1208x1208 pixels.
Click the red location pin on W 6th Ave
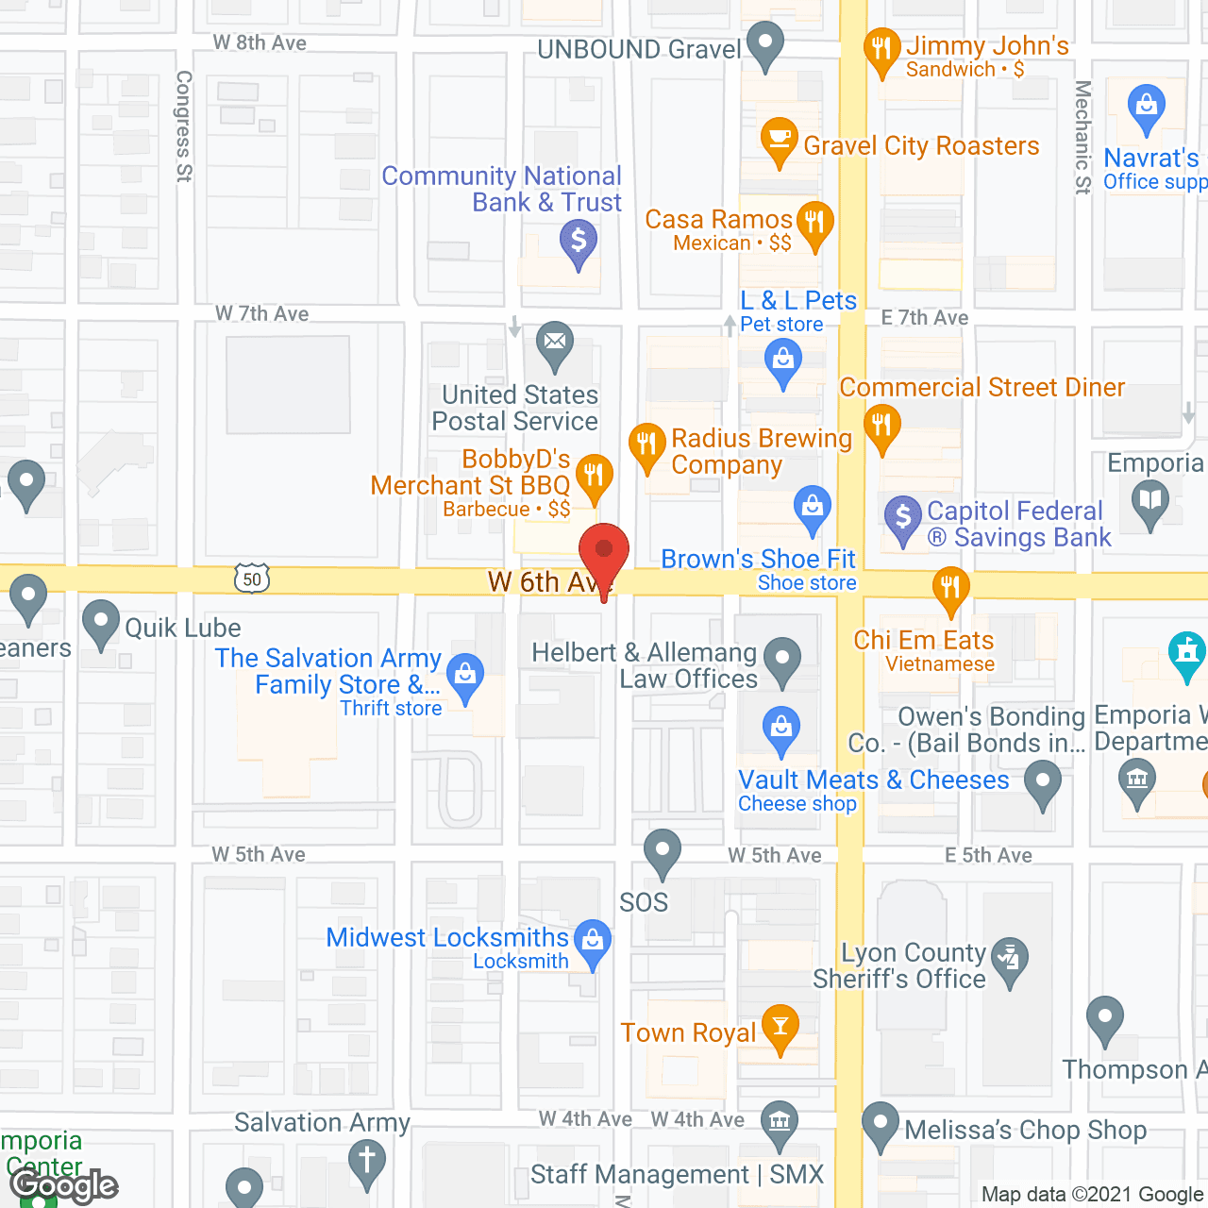coord(603,550)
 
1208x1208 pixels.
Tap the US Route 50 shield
coord(252,579)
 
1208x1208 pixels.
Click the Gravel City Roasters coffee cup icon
coord(779,140)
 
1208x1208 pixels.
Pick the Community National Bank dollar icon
coord(579,241)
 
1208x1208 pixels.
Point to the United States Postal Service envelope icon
coord(555,342)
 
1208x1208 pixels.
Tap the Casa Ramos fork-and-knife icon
coord(814,223)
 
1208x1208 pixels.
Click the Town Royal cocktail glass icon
coord(780,1026)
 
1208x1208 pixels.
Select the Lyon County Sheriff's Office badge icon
coord(1010,958)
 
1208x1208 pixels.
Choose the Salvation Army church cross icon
coord(367,1160)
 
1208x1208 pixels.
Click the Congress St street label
coord(184,126)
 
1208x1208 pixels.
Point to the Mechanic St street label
coord(1082,137)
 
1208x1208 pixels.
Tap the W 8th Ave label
coord(260,42)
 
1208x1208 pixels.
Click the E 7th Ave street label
coord(925,318)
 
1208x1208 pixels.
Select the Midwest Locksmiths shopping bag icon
coord(593,941)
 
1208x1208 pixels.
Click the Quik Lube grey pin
coord(101,622)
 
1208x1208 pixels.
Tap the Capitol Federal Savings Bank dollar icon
coord(903,516)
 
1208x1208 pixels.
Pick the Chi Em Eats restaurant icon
coord(950,587)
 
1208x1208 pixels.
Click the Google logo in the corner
coord(64,1185)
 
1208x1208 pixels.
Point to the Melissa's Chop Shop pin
coord(881,1123)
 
